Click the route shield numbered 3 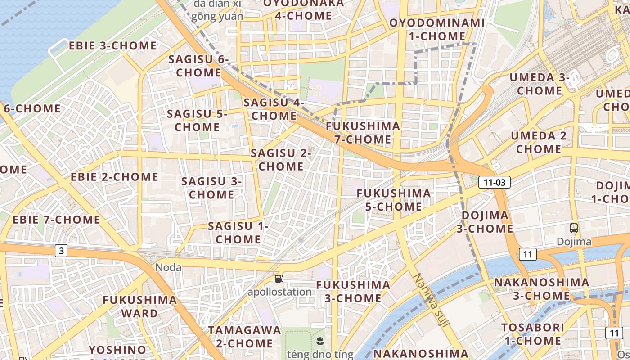coord(61,251)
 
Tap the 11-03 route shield coord(494,182)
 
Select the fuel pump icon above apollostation coord(279,279)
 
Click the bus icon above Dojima coord(574,228)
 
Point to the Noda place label coord(168,268)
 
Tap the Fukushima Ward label coord(139,306)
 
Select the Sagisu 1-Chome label coord(238,233)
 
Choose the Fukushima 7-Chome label coord(363,132)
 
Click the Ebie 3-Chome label coord(112,46)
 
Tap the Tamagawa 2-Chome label coord(244,336)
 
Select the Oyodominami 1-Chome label coord(437,29)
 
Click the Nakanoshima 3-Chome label coord(541,289)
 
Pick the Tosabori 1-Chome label coord(532,334)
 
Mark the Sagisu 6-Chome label coord(198,66)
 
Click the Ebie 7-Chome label coord(56,220)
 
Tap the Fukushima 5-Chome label coord(394,200)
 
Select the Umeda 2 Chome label coord(539,142)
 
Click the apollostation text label coord(279,292)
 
